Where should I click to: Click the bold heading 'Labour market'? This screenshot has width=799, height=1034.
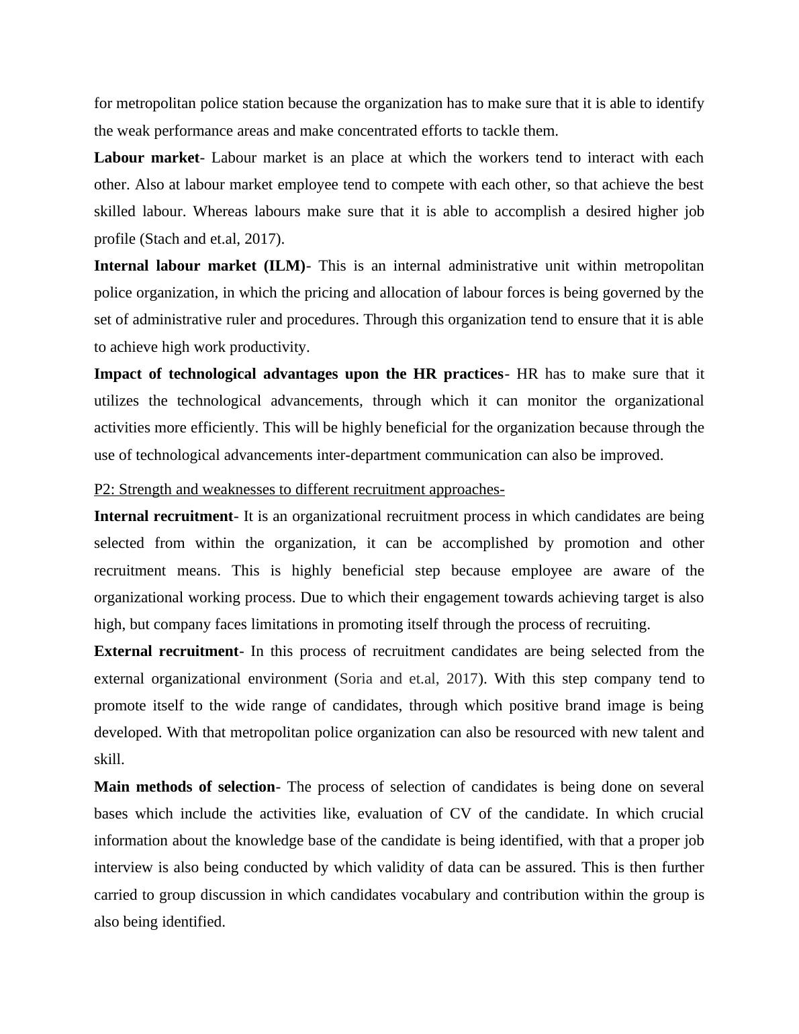(x=146, y=158)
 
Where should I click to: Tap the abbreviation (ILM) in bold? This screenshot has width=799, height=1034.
(x=283, y=266)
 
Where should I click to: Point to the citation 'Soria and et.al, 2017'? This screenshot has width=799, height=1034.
(x=409, y=679)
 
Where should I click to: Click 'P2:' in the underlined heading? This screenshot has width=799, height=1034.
(x=105, y=489)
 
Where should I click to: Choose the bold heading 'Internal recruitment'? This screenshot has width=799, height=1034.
(x=163, y=516)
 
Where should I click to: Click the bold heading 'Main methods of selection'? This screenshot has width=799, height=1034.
(x=185, y=787)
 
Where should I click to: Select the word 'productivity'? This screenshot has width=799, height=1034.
(x=269, y=347)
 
